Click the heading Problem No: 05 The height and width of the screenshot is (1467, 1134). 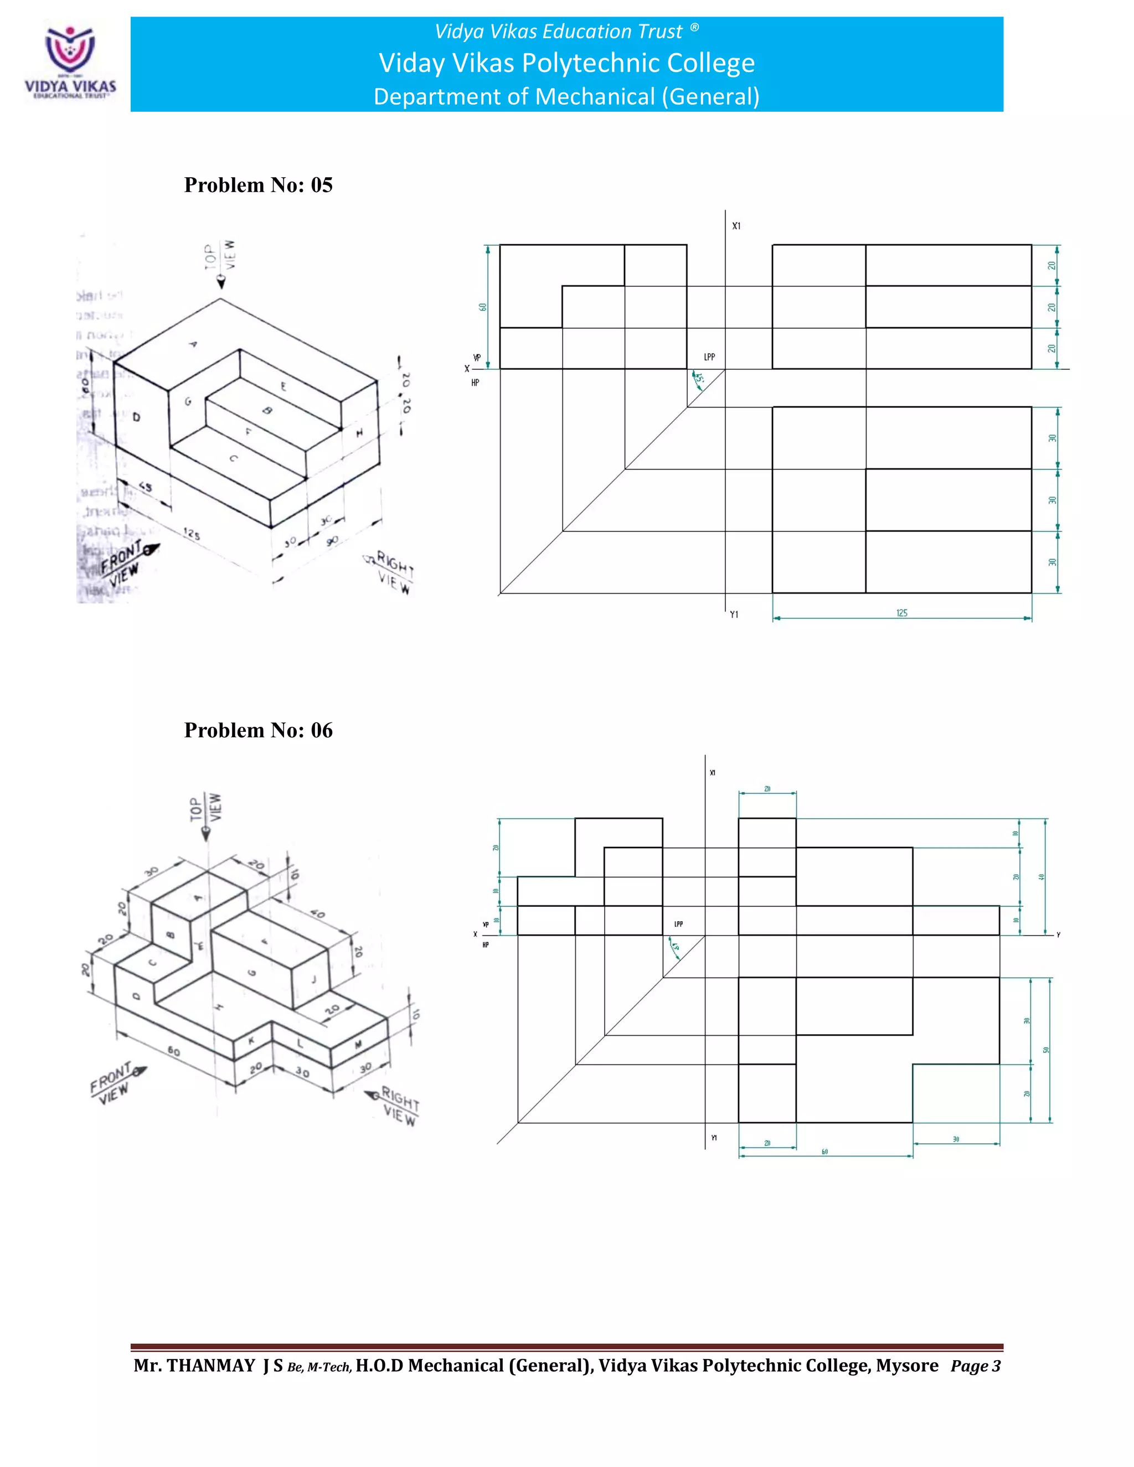(x=258, y=185)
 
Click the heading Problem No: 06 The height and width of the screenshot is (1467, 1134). (x=258, y=730)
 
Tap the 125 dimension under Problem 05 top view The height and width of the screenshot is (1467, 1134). (x=901, y=613)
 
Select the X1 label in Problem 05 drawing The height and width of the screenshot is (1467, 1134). (x=736, y=226)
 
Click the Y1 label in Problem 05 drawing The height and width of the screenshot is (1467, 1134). (x=734, y=614)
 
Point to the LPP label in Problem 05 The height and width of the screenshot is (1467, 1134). (x=709, y=358)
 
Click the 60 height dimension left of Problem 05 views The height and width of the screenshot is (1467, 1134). (x=482, y=307)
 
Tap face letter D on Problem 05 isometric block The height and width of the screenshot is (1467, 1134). (x=136, y=418)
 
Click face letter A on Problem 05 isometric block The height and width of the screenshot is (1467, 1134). (x=193, y=344)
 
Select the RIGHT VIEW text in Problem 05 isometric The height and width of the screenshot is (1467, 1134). (x=394, y=572)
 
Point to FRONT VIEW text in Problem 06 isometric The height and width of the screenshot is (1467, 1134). (x=113, y=1083)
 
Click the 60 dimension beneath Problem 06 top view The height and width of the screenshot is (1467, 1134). (x=824, y=1152)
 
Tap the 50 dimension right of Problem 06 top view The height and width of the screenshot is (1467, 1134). (x=1045, y=1050)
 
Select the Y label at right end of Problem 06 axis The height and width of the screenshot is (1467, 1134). (x=1058, y=935)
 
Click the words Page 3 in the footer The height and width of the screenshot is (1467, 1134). (x=976, y=1366)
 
